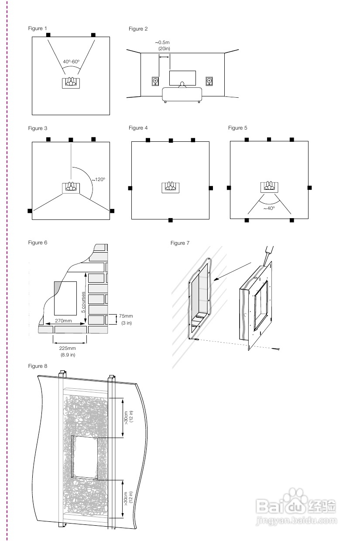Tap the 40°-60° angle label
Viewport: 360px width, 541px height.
(x=71, y=62)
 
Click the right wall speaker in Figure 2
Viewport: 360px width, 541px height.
(x=210, y=81)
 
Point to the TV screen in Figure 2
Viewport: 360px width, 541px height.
(x=182, y=78)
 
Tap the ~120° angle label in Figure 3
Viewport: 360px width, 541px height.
(x=98, y=179)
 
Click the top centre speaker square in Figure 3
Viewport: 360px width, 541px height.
(x=70, y=139)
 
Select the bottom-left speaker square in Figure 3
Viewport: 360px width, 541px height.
(x=30, y=211)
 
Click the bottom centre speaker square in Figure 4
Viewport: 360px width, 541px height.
(x=171, y=220)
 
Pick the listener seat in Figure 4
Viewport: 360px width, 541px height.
(x=171, y=187)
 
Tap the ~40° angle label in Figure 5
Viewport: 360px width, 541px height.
(x=269, y=209)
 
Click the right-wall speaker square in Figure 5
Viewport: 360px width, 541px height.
(x=310, y=188)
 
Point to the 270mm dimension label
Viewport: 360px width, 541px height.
(x=63, y=321)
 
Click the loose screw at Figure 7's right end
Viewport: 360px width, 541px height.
(x=278, y=349)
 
